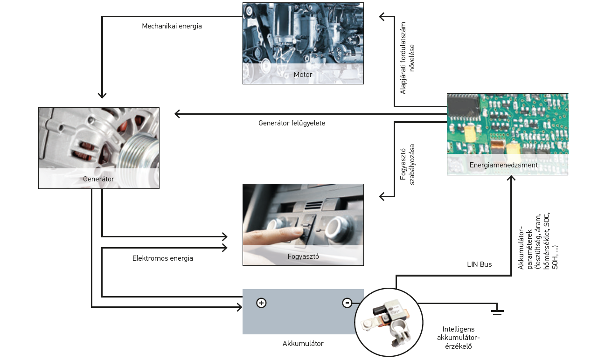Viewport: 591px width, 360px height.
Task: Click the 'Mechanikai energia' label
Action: click(x=172, y=26)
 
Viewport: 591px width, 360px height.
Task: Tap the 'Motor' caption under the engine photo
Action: click(x=303, y=75)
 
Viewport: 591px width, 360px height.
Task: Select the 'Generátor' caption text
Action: click(x=98, y=179)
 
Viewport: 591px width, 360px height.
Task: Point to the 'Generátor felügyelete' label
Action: click(x=292, y=123)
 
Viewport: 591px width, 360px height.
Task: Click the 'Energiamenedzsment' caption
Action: click(x=503, y=165)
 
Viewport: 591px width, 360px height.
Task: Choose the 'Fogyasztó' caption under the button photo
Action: click(x=303, y=256)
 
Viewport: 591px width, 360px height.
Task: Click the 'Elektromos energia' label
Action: click(x=162, y=258)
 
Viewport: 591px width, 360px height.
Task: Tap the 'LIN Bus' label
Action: click(x=479, y=264)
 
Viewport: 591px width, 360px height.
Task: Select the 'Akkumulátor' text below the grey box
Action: click(x=303, y=344)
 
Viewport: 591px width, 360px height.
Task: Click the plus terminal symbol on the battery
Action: click(x=261, y=303)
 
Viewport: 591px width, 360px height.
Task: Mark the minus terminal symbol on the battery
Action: click(x=347, y=303)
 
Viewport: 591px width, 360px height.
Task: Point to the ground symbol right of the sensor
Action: click(x=497, y=312)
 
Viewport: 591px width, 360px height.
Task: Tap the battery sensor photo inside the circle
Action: click(x=389, y=321)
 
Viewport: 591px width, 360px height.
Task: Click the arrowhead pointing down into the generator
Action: click(x=102, y=95)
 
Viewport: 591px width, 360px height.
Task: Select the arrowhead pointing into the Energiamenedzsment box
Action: click(x=512, y=179)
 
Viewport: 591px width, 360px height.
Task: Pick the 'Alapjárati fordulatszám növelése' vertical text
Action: click(x=407, y=58)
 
